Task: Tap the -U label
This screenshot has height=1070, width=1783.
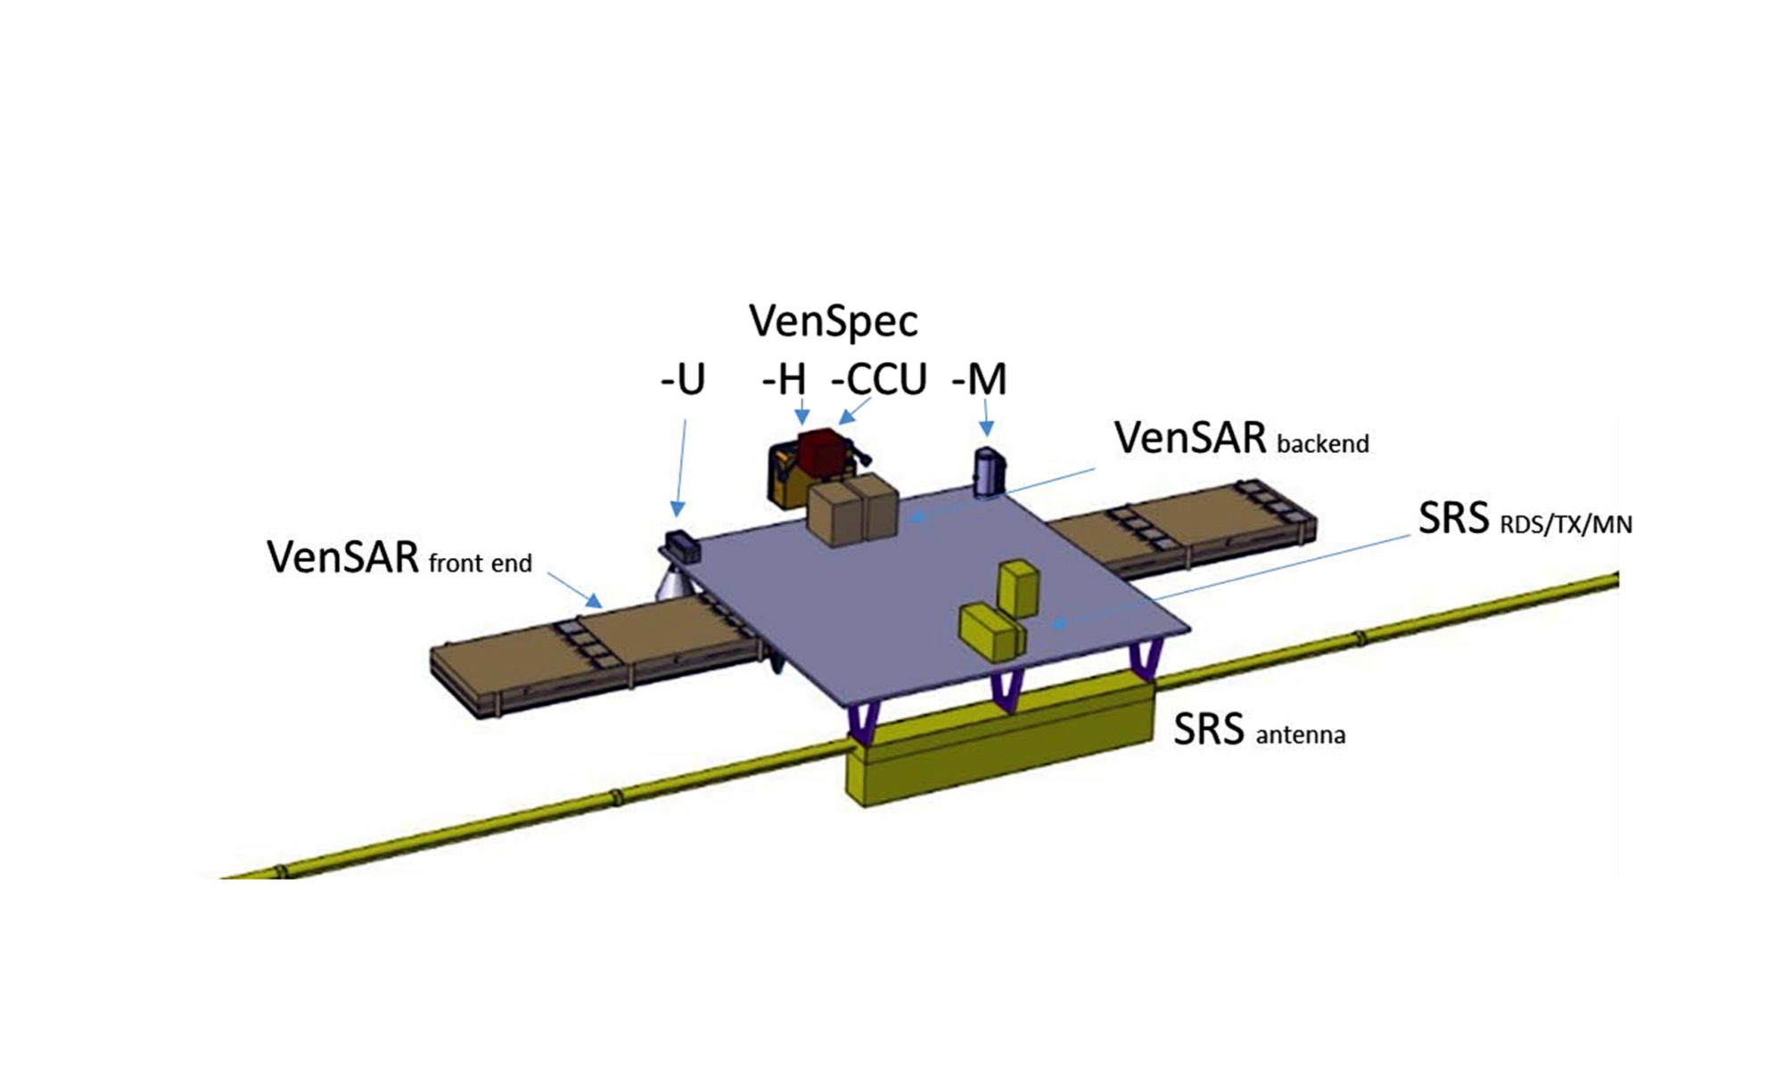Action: tap(683, 380)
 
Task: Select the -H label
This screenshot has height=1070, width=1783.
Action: tap(785, 380)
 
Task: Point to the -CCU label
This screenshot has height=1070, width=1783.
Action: tap(879, 380)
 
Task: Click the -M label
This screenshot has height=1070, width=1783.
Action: tap(979, 380)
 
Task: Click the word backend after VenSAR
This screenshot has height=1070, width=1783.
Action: tap(1322, 444)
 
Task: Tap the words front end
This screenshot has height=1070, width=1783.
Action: tap(480, 564)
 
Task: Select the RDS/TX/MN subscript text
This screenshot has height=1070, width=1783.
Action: tap(1565, 524)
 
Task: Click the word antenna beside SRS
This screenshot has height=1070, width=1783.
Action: tap(1300, 736)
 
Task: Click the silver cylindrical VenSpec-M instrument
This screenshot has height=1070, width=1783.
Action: tap(988, 473)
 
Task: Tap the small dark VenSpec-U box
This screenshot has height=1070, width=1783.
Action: tap(683, 545)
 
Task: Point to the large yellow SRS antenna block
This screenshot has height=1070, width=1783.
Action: tap(998, 749)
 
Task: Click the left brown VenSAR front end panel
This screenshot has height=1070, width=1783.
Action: tap(588, 655)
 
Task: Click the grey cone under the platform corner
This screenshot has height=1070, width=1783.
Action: tap(674, 584)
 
